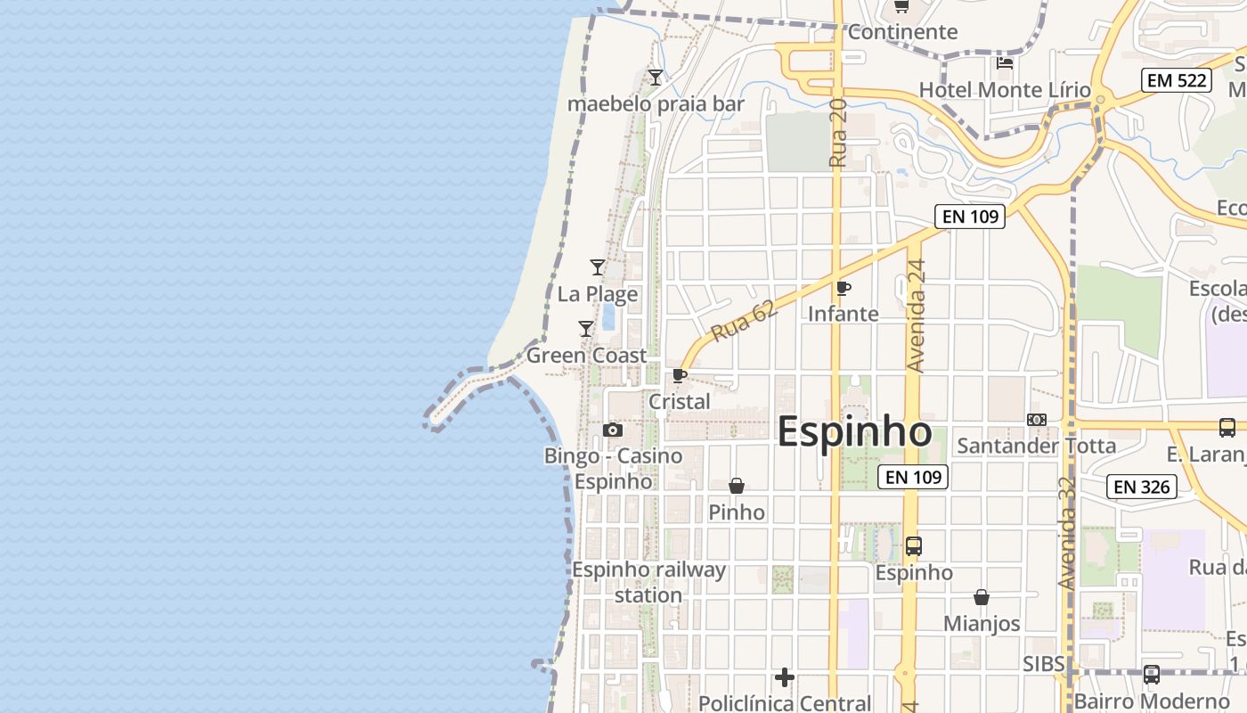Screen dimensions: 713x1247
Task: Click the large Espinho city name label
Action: tap(854, 432)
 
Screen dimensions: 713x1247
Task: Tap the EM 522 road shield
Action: tap(1177, 80)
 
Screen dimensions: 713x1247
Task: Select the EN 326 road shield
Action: tap(1142, 487)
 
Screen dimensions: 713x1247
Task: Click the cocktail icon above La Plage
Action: tap(598, 266)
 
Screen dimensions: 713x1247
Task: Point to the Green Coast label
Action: tap(587, 356)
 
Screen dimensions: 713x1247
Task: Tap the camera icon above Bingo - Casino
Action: tap(613, 430)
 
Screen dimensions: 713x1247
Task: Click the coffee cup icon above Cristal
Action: tap(680, 375)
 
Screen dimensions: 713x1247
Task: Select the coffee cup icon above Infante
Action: tap(844, 288)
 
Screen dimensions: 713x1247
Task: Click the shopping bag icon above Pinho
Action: tap(737, 486)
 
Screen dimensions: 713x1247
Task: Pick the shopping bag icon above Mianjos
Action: tap(982, 597)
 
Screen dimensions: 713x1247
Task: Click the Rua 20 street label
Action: tap(837, 134)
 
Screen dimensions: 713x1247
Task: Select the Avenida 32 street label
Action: tap(1067, 532)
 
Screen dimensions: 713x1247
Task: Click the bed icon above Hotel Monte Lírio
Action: tap(1005, 62)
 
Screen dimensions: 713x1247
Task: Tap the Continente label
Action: tap(902, 32)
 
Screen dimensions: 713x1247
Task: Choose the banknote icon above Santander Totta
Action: tap(1037, 419)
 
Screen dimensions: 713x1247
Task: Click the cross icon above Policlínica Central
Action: tap(785, 678)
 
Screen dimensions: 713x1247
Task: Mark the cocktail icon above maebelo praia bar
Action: tap(656, 78)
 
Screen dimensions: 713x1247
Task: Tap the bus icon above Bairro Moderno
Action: tap(1152, 675)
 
